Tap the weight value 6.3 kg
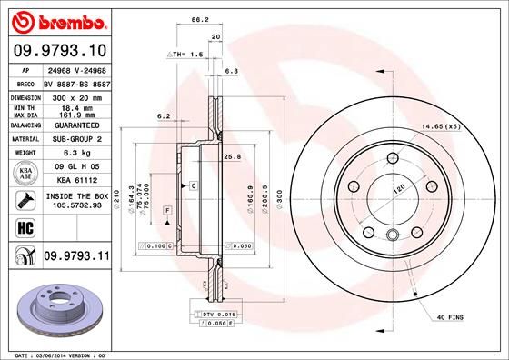pyautogui.click(x=75, y=155)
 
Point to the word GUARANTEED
pyautogui.click(x=75, y=125)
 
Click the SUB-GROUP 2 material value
pyautogui.click(x=75, y=139)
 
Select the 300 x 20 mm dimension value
pyautogui.click(x=75, y=96)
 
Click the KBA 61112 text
pyautogui.click(x=75, y=180)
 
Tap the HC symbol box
pyautogui.click(x=20, y=225)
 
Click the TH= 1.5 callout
pyautogui.click(x=186, y=55)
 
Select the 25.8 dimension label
pyautogui.click(x=232, y=157)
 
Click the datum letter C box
pyautogui.click(x=194, y=185)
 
